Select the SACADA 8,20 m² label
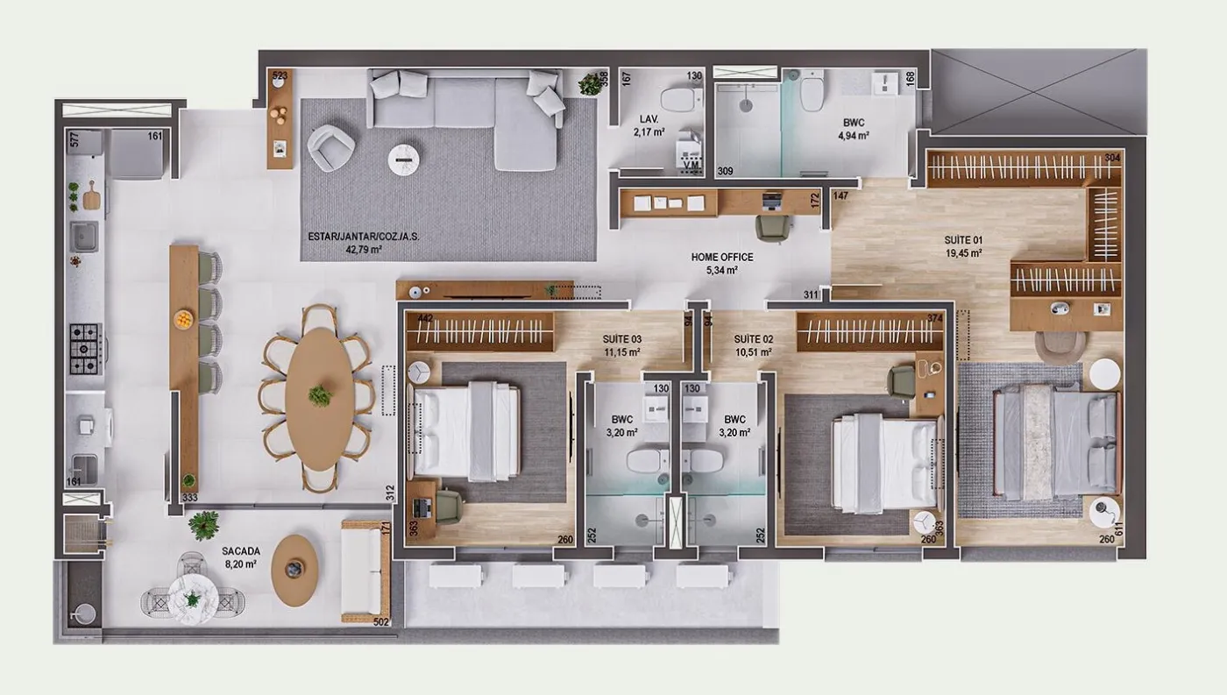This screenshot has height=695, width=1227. (240, 557)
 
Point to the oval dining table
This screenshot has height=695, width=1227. (320, 400)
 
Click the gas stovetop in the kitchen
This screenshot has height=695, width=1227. (86, 349)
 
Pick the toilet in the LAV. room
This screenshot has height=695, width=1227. (681, 100)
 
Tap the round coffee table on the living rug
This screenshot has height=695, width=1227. (404, 160)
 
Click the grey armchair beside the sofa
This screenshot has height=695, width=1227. (331, 148)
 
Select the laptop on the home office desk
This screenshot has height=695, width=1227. (772, 202)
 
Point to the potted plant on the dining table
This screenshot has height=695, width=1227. (320, 395)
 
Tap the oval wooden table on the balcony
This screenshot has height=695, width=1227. (294, 571)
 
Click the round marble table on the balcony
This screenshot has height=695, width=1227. (194, 599)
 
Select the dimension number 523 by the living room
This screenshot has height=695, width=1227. (280, 75)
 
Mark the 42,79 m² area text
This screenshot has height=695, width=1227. (364, 250)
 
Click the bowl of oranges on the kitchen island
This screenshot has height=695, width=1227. (183, 319)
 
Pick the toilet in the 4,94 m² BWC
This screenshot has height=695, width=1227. (812, 92)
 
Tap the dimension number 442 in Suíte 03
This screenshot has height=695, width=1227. (425, 318)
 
